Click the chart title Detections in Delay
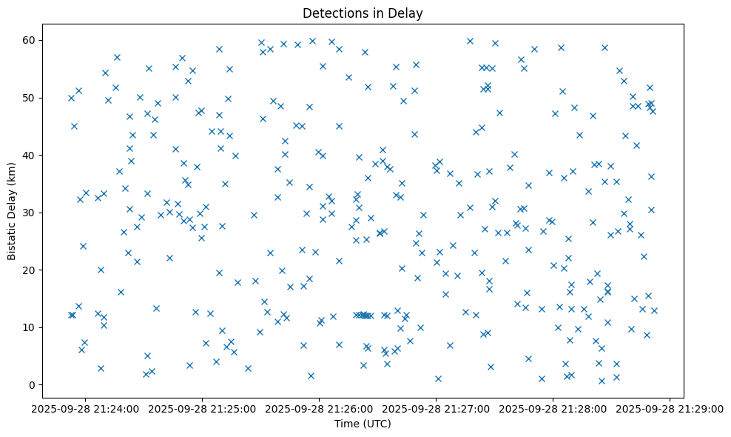tap(363, 13)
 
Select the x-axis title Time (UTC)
tap(363, 424)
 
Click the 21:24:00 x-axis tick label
tap(86, 408)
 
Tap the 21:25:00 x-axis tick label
tap(203, 408)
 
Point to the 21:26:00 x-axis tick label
tap(320, 408)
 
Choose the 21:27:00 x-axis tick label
tap(437, 408)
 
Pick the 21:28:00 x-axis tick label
tap(553, 408)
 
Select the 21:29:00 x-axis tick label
tap(670, 408)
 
